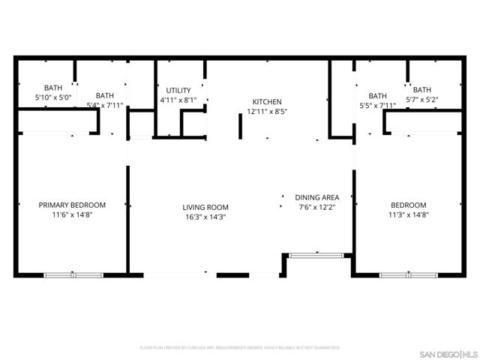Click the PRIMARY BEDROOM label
tap(72, 205)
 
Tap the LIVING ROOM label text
tap(205, 207)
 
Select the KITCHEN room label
tap(267, 101)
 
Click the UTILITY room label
tap(178, 90)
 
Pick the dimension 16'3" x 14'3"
tap(205, 217)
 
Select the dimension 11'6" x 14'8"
tap(72, 214)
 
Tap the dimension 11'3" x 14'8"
tap(408, 214)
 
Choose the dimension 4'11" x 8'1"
tap(178, 100)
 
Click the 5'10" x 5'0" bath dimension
tap(53, 97)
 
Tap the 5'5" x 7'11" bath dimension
tap(377, 106)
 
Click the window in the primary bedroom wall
tap(73, 275)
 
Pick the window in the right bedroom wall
tap(408, 275)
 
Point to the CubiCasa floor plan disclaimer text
tap(240, 348)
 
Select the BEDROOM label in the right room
tap(408, 205)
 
